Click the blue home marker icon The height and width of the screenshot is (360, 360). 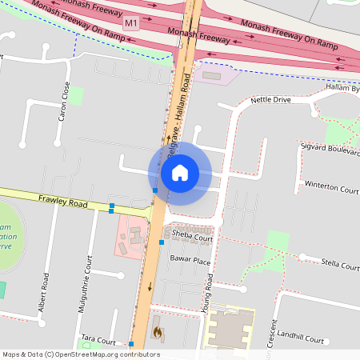[180, 173]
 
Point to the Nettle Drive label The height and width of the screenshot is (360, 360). [270, 100]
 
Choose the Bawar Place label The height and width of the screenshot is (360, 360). [190, 261]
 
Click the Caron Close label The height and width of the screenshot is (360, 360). [64, 101]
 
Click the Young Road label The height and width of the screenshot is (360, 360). [210, 293]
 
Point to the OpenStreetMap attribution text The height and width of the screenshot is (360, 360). [81, 354]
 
